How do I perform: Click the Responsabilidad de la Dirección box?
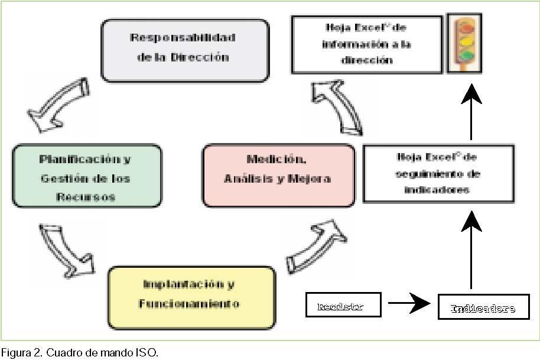[185, 50]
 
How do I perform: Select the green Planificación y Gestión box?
[86, 176]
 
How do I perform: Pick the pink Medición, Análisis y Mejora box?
[278, 175]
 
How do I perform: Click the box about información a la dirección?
[367, 44]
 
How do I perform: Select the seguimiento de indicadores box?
[438, 174]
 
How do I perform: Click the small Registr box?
[343, 306]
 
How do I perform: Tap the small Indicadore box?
[483, 307]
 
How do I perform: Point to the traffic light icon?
[464, 43]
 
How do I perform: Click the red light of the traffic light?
[464, 27]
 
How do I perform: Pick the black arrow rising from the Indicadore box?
[471, 248]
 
